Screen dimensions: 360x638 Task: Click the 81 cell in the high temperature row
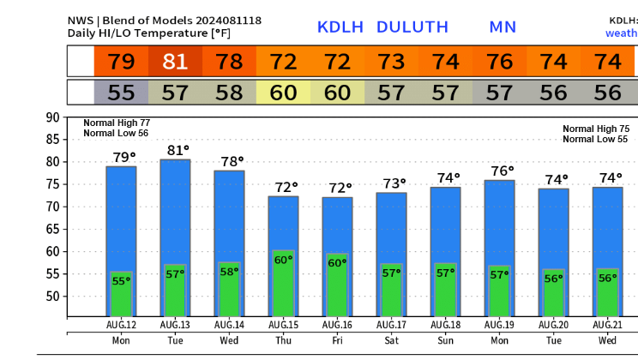[176, 62]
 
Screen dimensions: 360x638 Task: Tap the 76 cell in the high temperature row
[500, 62]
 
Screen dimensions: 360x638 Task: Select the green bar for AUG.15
[283, 283]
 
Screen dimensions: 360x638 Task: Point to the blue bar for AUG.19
[500, 223]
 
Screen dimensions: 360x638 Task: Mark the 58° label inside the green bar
[230, 271]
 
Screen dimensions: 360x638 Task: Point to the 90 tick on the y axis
[52, 117]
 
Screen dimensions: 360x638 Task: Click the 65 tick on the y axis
[52, 229]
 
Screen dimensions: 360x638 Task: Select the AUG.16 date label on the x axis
[337, 326]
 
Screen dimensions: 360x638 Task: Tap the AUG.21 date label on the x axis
[608, 326]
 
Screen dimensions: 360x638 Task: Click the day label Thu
[283, 340]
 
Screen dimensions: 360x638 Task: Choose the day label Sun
[445, 340]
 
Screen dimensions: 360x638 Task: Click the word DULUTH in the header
[412, 27]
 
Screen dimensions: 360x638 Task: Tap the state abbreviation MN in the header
[503, 27]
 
